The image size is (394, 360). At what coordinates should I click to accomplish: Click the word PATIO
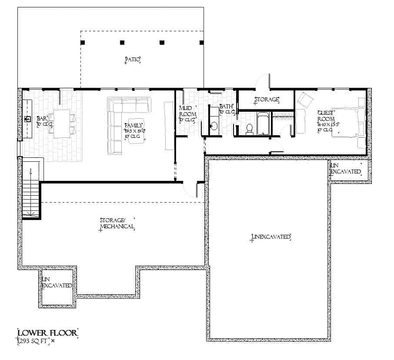[x=132, y=60]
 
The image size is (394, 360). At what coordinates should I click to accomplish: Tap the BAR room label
[x=42, y=118]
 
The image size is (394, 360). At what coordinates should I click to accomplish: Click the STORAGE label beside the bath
[x=266, y=100]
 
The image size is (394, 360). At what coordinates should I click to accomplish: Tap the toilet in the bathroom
[x=250, y=129]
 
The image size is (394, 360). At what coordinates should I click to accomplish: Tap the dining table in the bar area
[x=61, y=124]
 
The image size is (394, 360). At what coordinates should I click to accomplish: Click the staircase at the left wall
[x=31, y=191]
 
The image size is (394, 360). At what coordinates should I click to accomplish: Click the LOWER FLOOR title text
[x=47, y=333]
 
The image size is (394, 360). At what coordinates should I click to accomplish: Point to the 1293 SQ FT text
[x=33, y=342]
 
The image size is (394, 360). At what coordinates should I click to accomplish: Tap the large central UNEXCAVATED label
[x=270, y=237]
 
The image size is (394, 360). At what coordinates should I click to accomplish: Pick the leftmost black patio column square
[x=83, y=43]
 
